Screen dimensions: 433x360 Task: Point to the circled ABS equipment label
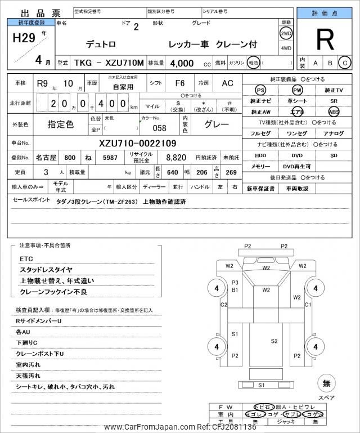(334, 111)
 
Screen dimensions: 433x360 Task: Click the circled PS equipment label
(260, 90)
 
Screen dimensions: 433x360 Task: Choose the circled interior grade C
(344, 63)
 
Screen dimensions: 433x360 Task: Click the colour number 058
(159, 128)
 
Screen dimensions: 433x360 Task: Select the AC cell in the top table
(227, 83)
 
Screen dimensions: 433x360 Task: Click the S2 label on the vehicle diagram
(274, 341)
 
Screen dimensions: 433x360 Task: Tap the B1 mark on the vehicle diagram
(235, 290)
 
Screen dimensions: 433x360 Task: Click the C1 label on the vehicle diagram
(308, 304)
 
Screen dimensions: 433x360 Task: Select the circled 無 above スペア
(326, 384)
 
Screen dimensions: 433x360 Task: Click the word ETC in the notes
(26, 258)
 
